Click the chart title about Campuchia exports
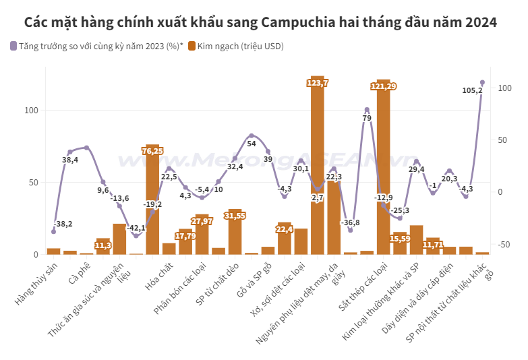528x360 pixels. point(260,22)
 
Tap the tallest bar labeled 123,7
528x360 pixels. point(317,169)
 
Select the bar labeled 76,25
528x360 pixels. point(152,202)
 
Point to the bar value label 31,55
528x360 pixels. point(235,216)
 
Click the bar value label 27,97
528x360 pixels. point(202,220)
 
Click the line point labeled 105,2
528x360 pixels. point(482,82)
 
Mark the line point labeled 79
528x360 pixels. point(367,110)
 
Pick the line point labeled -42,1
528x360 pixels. point(136,236)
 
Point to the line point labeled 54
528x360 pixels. point(252,136)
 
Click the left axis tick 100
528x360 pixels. point(33,111)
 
